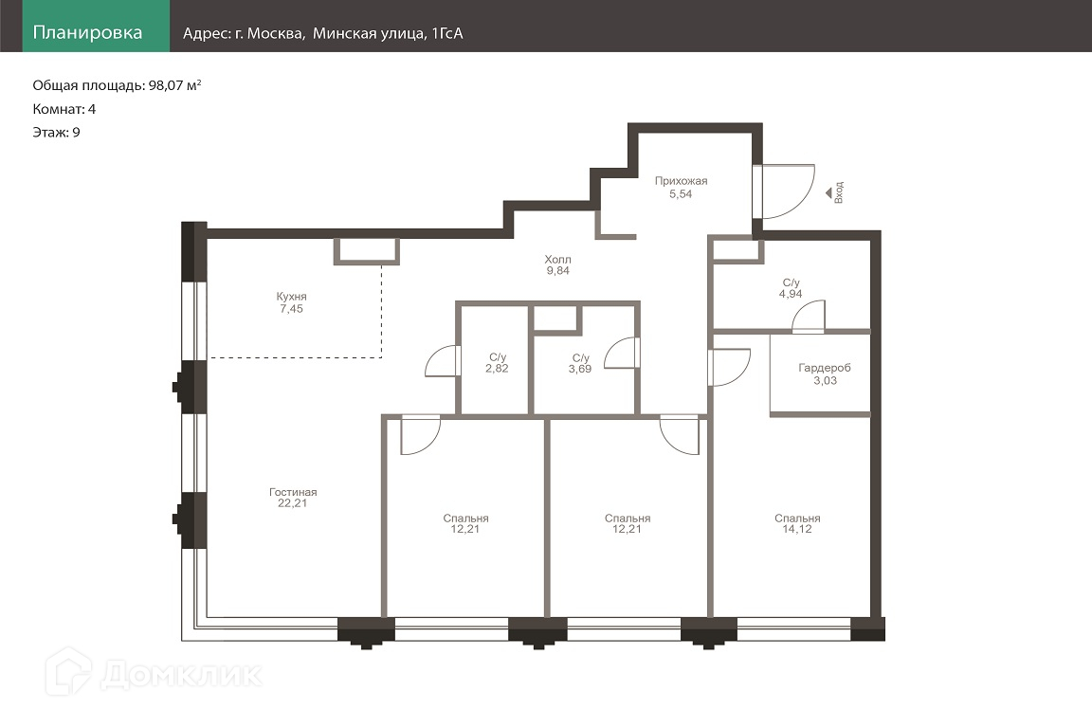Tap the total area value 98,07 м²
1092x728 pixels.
174,85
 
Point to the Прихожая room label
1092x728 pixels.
682,181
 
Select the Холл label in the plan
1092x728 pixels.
557,259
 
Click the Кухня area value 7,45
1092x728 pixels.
292,309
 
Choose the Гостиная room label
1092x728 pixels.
293,492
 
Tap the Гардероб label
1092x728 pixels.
825,368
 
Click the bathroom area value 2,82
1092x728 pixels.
498,369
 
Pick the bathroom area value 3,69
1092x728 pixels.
580,370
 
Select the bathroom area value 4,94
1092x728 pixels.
791,294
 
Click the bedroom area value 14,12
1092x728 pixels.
796,529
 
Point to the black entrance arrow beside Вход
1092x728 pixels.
828,193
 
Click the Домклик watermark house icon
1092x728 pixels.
68,671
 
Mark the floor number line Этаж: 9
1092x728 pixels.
57,133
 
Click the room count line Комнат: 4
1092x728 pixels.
64,109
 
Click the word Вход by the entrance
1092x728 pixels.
839,192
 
